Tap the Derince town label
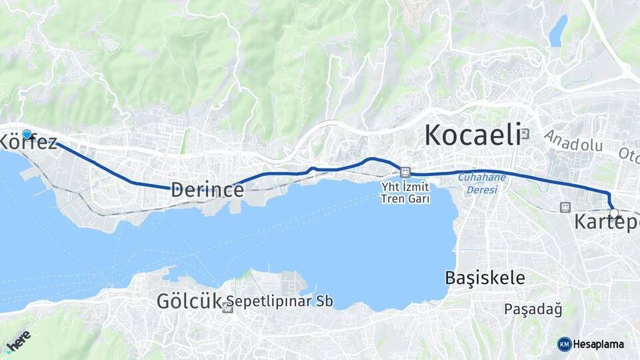click(207, 189)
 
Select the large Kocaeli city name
click(472, 135)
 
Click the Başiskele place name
click(485, 277)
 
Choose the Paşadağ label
click(533, 309)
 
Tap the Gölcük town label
click(188, 301)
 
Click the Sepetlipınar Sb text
click(279, 301)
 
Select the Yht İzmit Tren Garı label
click(405, 193)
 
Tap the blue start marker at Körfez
click(27, 135)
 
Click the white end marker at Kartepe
click(614, 213)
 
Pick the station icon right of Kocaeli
click(525, 133)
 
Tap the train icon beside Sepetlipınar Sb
click(228, 308)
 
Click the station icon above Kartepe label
click(565, 207)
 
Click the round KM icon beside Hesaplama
click(564, 344)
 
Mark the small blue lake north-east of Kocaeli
click(558, 31)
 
